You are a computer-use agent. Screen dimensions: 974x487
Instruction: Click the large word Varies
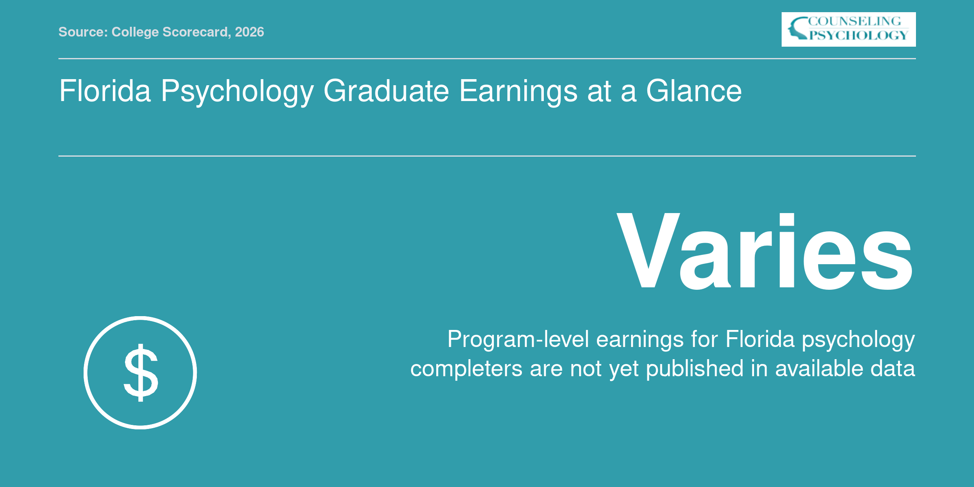click(x=765, y=251)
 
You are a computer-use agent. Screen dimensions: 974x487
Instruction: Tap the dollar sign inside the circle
click(x=141, y=373)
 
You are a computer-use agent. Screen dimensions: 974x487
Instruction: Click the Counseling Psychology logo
click(x=849, y=29)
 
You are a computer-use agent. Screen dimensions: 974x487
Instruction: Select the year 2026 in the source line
click(x=249, y=32)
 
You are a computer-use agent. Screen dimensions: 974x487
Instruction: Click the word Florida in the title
click(x=105, y=91)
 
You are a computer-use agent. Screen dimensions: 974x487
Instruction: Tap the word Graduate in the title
click(x=386, y=91)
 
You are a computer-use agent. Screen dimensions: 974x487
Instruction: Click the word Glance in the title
click(x=694, y=91)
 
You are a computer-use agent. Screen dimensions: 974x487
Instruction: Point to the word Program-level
click(x=518, y=340)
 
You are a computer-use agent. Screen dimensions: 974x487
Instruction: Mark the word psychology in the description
click(x=858, y=340)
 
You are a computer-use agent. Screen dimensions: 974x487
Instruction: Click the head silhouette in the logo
click(x=798, y=28)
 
